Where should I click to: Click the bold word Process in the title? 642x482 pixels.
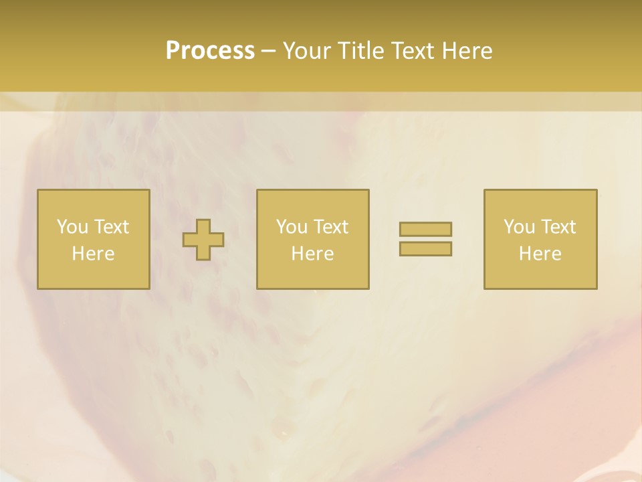[x=210, y=51]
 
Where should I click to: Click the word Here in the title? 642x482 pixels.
[x=467, y=51]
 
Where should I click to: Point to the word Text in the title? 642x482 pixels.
[x=412, y=51]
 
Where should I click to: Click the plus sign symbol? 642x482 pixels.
[x=203, y=239]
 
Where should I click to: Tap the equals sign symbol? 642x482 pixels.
[x=425, y=239]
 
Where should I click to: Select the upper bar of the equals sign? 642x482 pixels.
[x=425, y=229]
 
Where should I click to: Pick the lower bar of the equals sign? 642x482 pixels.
[x=425, y=248]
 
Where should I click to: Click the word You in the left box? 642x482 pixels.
[x=72, y=226]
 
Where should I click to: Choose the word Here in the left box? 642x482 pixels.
[x=93, y=254]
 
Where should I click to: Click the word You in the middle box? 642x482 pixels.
[x=292, y=226]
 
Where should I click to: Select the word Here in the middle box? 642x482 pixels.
[x=312, y=254]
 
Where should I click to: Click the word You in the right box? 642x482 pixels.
[x=519, y=226]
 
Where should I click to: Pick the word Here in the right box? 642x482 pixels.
[x=540, y=254]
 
